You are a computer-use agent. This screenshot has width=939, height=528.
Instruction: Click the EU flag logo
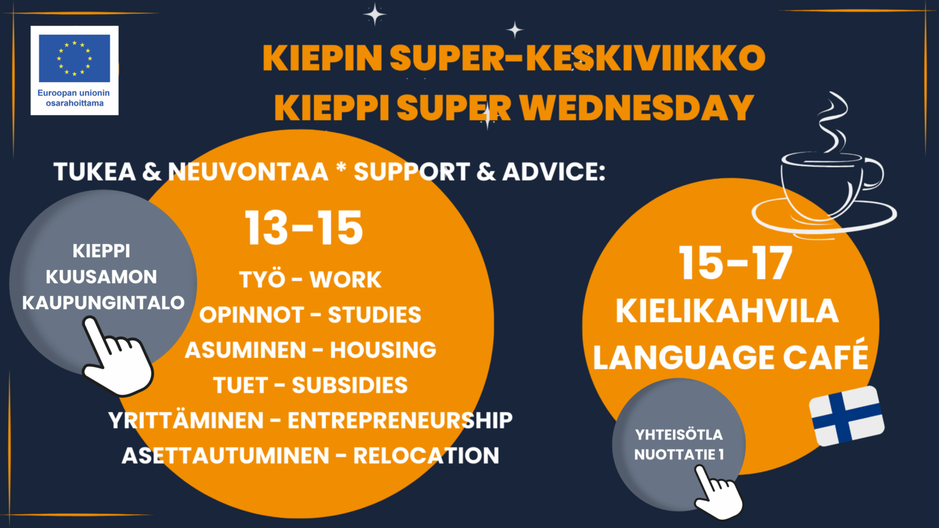(75, 58)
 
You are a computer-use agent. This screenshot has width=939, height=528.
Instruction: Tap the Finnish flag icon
(846, 415)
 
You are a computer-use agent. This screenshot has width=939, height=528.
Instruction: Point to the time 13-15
(304, 228)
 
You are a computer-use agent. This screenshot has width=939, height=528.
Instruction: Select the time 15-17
(735, 263)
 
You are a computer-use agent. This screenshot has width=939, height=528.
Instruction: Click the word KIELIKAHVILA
(727, 311)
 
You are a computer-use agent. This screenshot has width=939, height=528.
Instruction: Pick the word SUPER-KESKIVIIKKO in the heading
(577, 57)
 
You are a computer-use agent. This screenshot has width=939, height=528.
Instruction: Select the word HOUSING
(383, 350)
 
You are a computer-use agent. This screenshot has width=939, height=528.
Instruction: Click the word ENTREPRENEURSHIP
(400, 421)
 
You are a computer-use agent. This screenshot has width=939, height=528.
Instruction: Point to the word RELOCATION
(425, 456)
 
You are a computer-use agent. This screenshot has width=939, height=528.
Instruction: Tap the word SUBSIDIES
(349, 385)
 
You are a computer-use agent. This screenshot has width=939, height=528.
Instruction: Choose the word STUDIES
(374, 315)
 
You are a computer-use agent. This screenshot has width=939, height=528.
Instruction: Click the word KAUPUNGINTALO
(103, 303)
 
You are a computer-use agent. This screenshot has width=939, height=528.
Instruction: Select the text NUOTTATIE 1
(679, 455)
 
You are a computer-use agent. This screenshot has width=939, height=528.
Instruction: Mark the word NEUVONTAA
(248, 172)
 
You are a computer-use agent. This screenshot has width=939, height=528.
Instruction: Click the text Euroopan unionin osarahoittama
(74, 98)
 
